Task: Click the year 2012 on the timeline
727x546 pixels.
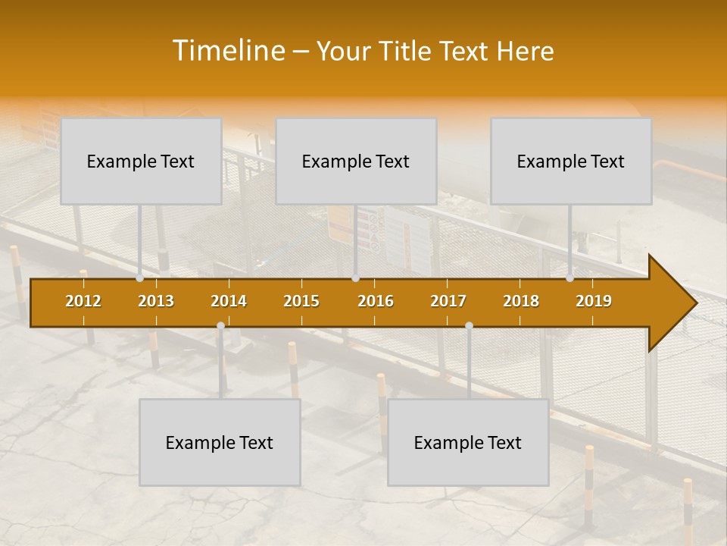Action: tap(83, 301)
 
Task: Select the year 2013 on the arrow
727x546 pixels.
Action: tap(156, 301)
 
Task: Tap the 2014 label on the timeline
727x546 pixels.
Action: tap(229, 301)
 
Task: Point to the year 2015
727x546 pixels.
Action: tap(301, 301)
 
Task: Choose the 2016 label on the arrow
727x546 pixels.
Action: tap(376, 301)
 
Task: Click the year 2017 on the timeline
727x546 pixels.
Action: tap(448, 301)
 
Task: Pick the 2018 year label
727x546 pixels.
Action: tap(521, 301)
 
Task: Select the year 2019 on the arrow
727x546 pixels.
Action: tap(594, 301)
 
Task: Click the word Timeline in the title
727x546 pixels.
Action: tap(228, 51)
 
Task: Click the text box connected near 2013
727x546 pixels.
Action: tap(141, 161)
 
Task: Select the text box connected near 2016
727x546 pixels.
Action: tap(356, 161)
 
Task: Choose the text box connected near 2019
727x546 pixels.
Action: tap(571, 161)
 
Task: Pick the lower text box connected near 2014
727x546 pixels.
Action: tap(220, 442)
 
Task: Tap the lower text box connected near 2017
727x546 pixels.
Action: tap(468, 442)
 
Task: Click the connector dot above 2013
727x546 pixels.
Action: tap(140, 278)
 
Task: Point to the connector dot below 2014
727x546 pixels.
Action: tap(220, 325)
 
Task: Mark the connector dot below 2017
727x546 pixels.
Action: tap(469, 325)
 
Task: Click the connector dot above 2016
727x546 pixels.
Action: tap(355, 278)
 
